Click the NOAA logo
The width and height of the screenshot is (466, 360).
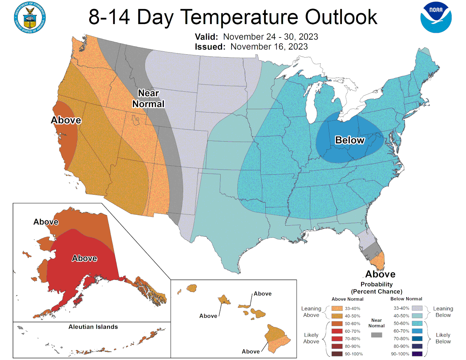point(436,17)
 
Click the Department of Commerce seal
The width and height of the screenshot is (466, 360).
point(30,17)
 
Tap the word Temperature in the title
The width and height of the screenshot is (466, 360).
point(240,17)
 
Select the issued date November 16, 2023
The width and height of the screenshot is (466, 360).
point(269,47)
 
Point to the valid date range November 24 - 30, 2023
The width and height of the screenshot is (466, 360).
point(270,37)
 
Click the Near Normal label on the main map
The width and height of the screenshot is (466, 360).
point(148,99)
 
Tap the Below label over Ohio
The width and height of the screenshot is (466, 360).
point(349,140)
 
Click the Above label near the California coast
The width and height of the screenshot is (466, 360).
point(66,120)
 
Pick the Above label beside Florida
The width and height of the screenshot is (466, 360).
point(380,274)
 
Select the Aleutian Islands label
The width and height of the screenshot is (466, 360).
point(93,327)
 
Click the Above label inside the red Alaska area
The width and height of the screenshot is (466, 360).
point(84,258)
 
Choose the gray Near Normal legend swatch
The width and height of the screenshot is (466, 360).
point(376,335)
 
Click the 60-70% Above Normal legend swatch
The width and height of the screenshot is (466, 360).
point(337,331)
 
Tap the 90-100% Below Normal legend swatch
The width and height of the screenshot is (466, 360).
point(417,354)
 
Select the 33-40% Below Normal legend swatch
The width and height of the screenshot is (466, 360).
point(417,308)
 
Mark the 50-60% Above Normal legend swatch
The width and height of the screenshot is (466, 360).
point(337,324)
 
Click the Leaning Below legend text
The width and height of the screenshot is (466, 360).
point(443,312)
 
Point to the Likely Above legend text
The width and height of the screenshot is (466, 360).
point(311,338)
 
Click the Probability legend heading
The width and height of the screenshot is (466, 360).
point(376,284)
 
